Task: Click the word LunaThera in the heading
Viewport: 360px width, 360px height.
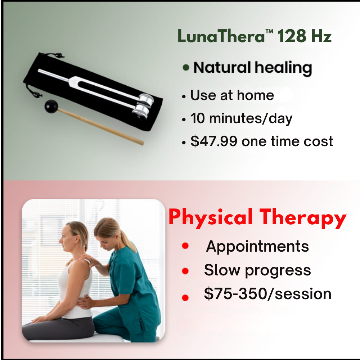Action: point(221,36)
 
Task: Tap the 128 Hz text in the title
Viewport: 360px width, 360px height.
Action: point(305,36)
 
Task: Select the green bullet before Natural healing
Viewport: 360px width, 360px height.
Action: point(186,68)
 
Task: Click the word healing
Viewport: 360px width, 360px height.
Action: point(283,68)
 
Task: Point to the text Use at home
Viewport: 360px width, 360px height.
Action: point(232,95)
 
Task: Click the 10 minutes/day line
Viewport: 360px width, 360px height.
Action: point(241,118)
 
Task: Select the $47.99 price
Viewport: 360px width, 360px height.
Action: point(214,141)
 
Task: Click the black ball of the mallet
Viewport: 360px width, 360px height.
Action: point(51,106)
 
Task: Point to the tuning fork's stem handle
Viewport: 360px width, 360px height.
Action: point(54,75)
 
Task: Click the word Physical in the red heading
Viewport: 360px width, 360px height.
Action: point(211,217)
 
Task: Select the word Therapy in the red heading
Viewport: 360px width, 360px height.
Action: point(303,218)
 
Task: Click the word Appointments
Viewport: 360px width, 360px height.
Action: point(257,247)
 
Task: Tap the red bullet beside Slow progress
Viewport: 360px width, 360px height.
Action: point(185,271)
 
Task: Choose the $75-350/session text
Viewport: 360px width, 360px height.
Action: point(267,294)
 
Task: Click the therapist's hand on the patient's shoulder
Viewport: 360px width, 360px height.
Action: point(89,260)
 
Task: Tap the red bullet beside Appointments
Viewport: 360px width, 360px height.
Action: point(185,246)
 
